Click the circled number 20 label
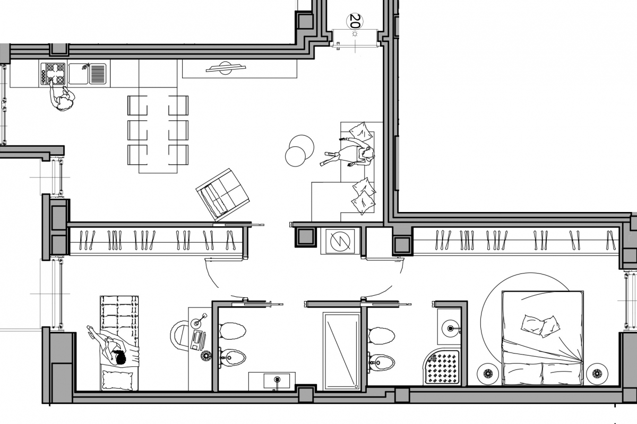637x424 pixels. pos(355,21)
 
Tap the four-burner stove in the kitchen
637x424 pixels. pos(53,74)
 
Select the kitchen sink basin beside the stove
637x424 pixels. pos(79,74)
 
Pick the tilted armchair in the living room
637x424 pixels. pos(222,195)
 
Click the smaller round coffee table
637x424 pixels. pos(295,156)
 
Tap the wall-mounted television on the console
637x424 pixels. pos(226,68)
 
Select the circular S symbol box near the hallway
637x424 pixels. pos(340,241)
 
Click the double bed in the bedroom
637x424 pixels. pos(543,338)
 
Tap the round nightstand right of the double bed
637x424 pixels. pos(597,374)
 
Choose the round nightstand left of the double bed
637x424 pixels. pos(488,374)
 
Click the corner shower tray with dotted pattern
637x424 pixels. pos(441,368)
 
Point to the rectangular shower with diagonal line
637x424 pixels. pos(342,351)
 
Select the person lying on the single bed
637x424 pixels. pos(114,346)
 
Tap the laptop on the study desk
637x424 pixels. pos(198,340)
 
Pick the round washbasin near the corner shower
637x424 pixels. pos(450,329)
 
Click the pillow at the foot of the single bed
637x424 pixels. pos(117,379)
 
